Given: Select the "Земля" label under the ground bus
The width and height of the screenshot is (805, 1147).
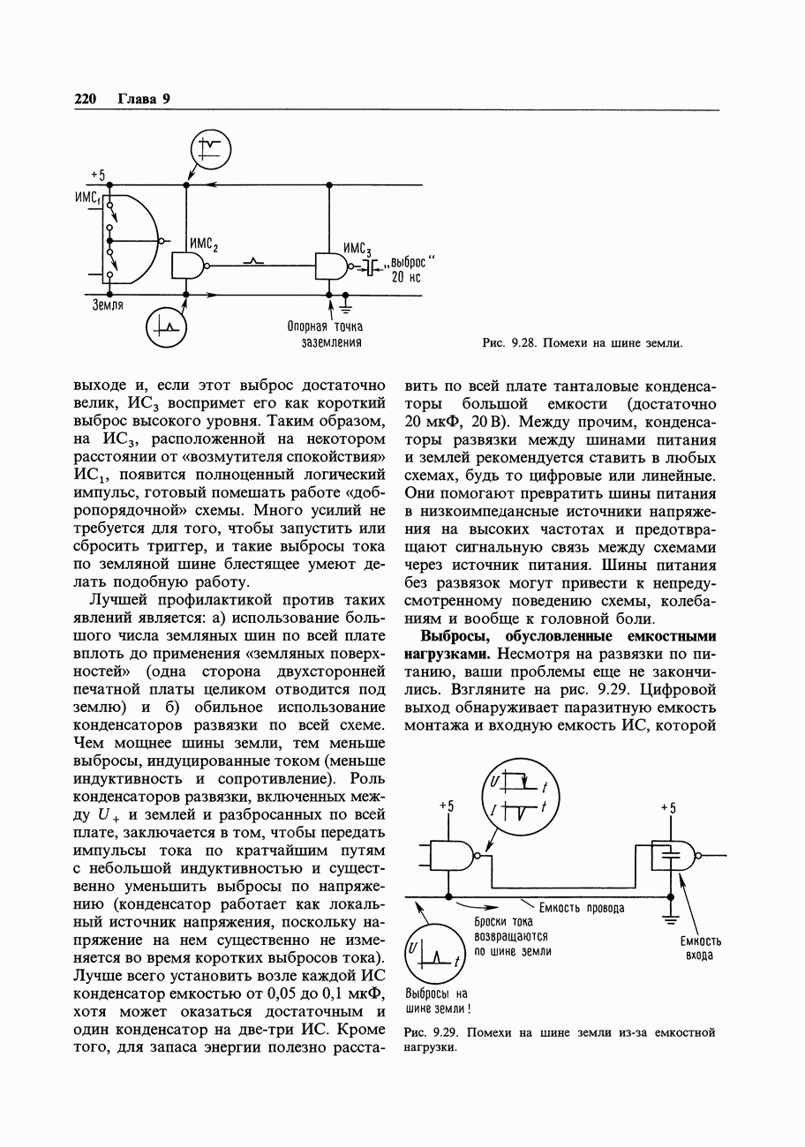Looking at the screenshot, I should [x=107, y=305].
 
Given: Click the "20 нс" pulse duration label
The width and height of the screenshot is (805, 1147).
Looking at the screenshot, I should [x=406, y=277].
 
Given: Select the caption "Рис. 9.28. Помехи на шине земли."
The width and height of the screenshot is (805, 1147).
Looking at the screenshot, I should [x=582, y=342].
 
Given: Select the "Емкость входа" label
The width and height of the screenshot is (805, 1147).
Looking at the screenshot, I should [x=701, y=948].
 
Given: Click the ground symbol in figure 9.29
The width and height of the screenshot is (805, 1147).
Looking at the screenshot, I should [x=670, y=916].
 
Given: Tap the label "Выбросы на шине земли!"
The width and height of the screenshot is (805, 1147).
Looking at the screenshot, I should [x=437, y=1001].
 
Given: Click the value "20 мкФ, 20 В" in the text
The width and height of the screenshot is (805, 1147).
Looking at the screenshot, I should [x=456, y=423].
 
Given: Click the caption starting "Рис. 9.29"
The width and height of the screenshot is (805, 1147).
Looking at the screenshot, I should [x=559, y=1039].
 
